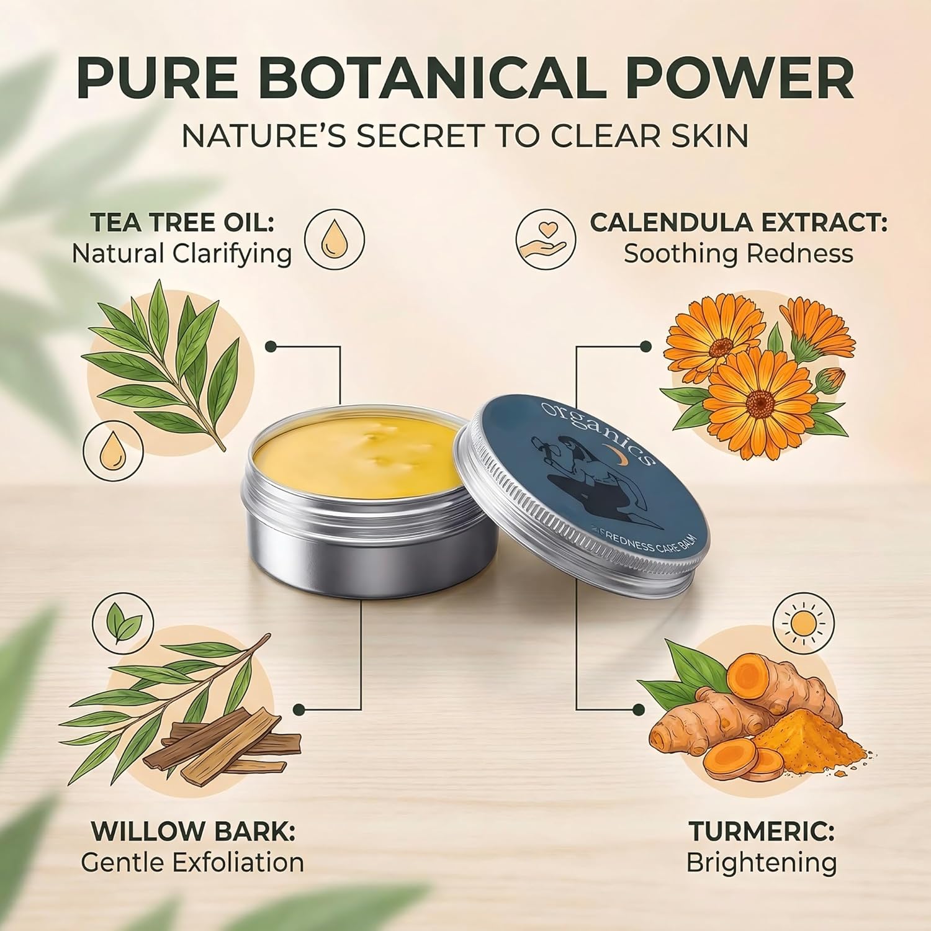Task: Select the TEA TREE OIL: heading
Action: pyautogui.click(x=182, y=223)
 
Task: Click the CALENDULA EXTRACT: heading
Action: pyautogui.click(x=739, y=223)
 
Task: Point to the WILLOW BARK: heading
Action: pyautogui.click(x=194, y=832)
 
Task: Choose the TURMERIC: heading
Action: pyautogui.click(x=762, y=832)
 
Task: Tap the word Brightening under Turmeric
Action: pyautogui.click(x=762, y=863)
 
